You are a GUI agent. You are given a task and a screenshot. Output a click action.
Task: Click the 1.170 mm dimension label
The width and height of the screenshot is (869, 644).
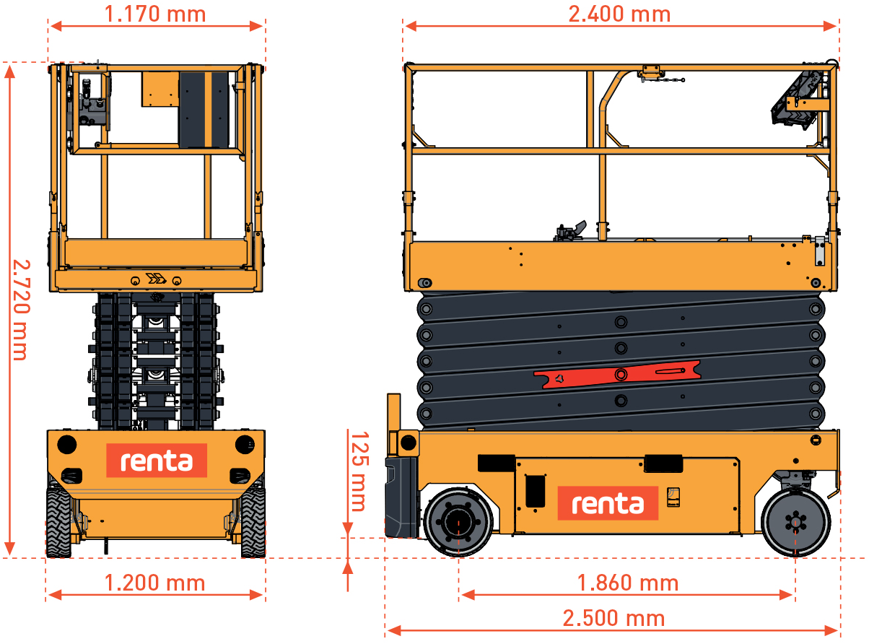155,14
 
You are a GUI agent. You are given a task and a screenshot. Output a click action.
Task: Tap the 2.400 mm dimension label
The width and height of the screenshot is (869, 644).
619,14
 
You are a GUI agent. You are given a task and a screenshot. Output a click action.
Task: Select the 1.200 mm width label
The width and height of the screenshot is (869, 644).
154,583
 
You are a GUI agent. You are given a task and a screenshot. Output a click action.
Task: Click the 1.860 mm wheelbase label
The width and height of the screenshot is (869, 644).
627,583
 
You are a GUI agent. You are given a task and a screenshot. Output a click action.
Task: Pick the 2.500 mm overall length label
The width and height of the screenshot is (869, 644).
613,619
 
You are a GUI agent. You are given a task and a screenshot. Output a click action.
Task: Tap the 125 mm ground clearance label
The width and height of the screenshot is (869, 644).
358,471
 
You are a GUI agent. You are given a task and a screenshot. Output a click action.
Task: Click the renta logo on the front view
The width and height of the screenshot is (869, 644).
157,461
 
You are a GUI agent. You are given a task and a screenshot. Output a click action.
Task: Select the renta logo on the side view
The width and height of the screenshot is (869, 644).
608,503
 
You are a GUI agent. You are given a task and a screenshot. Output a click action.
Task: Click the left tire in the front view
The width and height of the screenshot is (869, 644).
58,522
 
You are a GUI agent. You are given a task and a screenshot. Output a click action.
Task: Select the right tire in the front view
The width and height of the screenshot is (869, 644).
253,522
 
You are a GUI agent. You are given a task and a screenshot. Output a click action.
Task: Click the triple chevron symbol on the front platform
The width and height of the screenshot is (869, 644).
155,279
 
